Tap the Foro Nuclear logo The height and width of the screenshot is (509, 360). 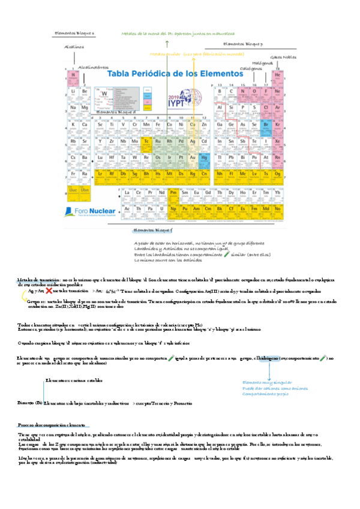tap(93, 211)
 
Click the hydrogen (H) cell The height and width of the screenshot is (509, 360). tap(73, 76)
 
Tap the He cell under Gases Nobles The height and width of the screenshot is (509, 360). tap(278, 76)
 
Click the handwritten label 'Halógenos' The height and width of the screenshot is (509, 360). tap(263, 62)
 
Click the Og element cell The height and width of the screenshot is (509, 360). tap(278, 174)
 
